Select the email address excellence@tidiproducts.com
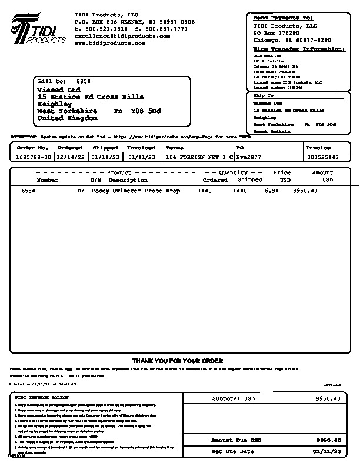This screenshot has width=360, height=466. [122, 36]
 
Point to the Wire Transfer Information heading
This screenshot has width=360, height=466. [299, 49]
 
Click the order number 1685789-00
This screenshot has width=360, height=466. [34, 158]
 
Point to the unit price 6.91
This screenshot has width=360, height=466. [271, 191]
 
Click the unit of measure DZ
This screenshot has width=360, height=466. [81, 191]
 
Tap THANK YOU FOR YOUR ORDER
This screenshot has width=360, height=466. [177, 361]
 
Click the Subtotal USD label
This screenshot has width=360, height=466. [235, 398]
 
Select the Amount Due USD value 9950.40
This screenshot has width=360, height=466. [328, 440]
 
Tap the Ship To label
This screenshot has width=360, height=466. [263, 95]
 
